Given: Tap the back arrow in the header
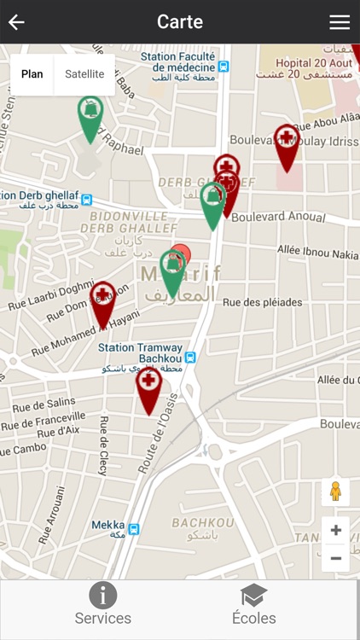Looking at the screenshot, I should point(16,22).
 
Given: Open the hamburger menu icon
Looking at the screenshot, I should point(340,22).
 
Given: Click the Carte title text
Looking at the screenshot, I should point(180,22).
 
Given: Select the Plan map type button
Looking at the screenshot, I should point(32,74).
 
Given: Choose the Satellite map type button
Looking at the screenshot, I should point(84,74).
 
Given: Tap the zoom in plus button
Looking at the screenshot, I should point(335,530).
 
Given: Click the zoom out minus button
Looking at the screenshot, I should point(335,558).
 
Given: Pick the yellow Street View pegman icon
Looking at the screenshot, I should point(335,492).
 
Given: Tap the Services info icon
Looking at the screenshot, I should point(102,595).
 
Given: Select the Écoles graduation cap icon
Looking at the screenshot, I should point(253,595).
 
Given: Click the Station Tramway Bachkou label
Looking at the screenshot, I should point(140,348).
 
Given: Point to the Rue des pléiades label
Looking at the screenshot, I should point(262,302).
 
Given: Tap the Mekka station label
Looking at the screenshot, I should point(108,526).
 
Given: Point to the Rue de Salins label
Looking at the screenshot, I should point(44,403).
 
